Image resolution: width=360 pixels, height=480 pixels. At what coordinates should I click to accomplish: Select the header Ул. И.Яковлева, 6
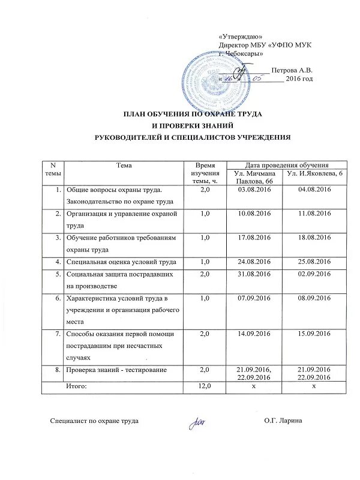314,173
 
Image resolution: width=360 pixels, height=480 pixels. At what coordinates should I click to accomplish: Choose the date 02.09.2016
314,274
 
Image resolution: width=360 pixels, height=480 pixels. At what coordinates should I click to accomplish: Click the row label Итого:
76,386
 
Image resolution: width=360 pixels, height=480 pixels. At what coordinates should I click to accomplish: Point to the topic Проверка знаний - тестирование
116,370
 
